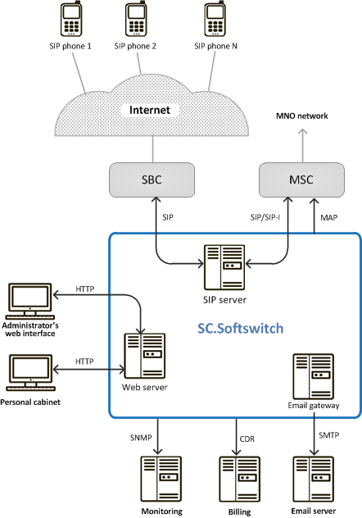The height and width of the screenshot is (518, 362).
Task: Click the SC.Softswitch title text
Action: tap(241, 329)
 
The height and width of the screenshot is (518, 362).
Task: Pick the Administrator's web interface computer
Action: tap(28, 303)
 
